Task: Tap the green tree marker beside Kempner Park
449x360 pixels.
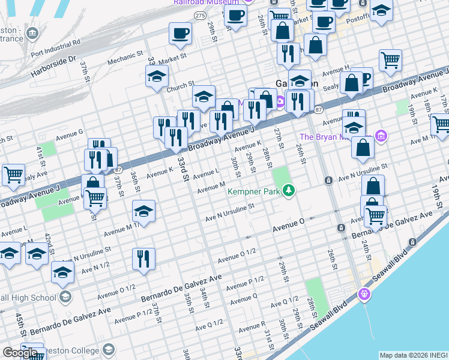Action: (x=289, y=191)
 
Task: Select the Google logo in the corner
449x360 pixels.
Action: (x=20, y=353)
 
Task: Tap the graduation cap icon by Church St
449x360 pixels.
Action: (x=157, y=76)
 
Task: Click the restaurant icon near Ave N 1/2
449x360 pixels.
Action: (x=143, y=259)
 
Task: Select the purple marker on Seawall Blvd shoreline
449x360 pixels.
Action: (x=363, y=294)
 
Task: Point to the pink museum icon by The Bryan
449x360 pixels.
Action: (x=380, y=136)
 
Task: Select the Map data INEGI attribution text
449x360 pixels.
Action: (x=413, y=355)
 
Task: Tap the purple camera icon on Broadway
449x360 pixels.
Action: (x=280, y=103)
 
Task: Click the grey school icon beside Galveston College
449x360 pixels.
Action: (x=108, y=350)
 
